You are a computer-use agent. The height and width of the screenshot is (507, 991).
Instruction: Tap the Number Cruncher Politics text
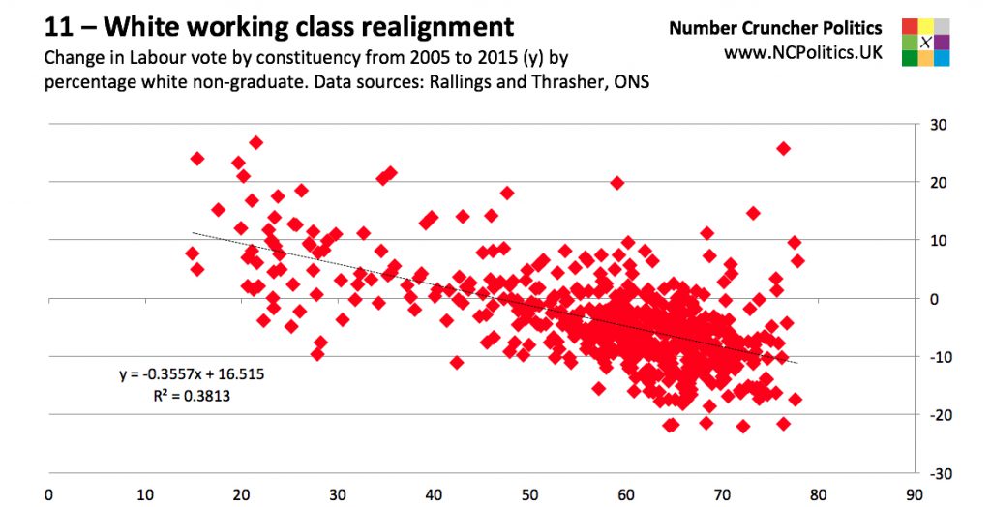775,28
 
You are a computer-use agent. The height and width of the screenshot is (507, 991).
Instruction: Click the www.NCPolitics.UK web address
803,52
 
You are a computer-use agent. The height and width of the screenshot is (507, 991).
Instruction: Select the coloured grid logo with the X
925,42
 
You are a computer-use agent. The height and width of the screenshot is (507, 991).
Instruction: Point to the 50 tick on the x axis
529,492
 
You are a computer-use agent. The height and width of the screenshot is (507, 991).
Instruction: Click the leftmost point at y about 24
197,158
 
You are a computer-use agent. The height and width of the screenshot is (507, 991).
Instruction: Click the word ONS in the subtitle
629,82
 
